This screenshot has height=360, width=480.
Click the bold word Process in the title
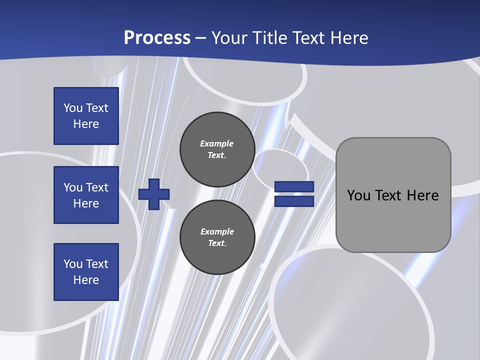[157, 38]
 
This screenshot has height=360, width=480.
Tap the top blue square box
[86, 116]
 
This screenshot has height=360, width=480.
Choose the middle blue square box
[86, 195]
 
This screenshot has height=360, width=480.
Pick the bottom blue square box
[86, 272]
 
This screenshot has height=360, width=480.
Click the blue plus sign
[154, 194]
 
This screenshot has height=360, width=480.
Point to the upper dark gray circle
[217, 149]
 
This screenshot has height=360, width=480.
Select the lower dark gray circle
[217, 237]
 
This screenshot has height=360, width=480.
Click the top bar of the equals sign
[294, 187]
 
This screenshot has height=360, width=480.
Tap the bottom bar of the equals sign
[294, 201]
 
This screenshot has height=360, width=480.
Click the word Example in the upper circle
[216, 143]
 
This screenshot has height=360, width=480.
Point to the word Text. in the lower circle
[217, 243]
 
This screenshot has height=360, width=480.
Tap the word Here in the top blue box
[86, 124]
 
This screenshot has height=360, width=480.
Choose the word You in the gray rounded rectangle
[358, 195]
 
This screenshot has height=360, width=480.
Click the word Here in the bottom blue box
[86, 280]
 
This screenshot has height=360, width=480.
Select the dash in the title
[200, 38]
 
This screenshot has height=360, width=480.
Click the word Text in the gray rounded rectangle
[390, 195]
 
